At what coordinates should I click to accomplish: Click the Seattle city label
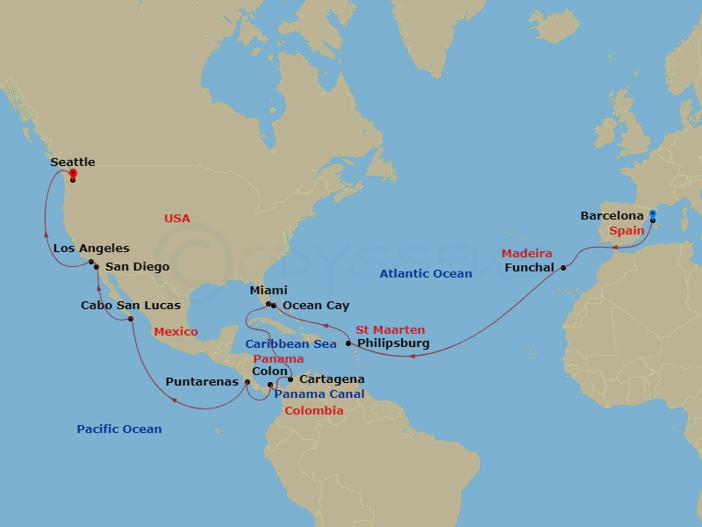(73, 162)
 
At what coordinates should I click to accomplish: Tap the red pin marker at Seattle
(73, 174)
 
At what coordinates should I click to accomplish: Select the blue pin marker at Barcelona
(652, 214)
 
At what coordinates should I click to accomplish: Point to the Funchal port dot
(563, 268)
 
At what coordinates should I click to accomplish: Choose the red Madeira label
(527, 254)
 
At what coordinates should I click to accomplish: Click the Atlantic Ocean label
(426, 274)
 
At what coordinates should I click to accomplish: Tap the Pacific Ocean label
(119, 430)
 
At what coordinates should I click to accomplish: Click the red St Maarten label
(390, 330)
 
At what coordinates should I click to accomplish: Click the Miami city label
(269, 291)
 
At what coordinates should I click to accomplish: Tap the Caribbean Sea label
(290, 344)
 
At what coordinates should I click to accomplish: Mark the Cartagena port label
(332, 380)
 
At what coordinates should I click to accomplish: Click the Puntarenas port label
(202, 382)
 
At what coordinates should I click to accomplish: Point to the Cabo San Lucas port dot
(131, 319)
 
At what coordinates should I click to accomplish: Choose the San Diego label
(137, 267)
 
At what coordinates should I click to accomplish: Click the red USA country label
(176, 219)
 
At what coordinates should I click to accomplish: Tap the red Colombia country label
(314, 410)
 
